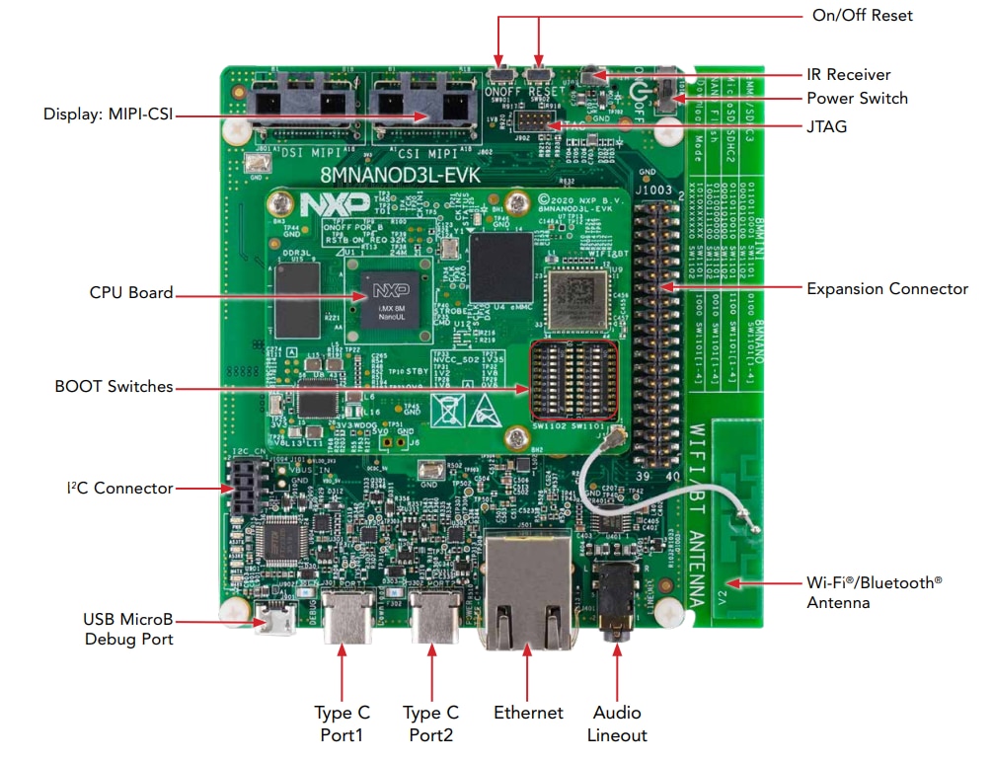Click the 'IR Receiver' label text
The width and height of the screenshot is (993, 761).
coord(848,74)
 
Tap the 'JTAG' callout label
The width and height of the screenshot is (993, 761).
coord(826,126)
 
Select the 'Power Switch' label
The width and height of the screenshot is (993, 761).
coord(857,98)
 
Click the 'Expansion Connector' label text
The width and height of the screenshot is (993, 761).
coord(886,288)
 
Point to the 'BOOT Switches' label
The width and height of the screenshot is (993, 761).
coord(114,387)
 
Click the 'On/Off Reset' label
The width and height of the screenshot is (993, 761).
coord(861,15)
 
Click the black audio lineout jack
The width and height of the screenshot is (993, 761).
coord(616,600)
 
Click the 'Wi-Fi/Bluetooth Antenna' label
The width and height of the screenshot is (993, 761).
coord(874,592)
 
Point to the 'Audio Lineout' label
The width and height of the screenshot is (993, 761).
coord(617,723)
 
